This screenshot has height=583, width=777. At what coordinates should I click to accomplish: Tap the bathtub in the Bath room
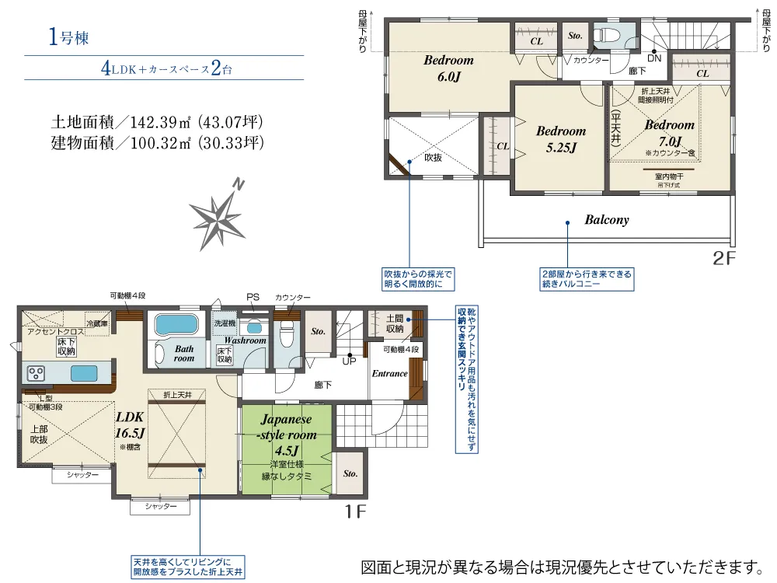click(x=176, y=324)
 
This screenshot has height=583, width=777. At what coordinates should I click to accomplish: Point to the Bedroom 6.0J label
click(x=448, y=68)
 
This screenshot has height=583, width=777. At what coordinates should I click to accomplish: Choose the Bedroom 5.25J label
click(x=560, y=138)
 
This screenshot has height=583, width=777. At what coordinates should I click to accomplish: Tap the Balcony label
click(x=606, y=220)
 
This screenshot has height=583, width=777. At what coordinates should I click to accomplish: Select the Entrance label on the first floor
click(x=389, y=374)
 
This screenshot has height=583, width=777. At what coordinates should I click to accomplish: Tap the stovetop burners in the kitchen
click(x=37, y=373)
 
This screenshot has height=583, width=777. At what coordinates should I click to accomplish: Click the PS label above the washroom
click(x=252, y=297)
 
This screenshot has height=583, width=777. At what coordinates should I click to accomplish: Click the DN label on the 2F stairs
click(x=654, y=58)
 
